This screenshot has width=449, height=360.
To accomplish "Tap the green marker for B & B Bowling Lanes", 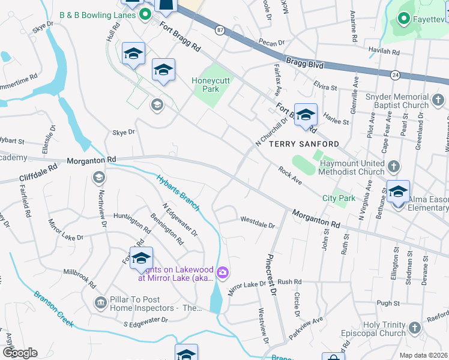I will [145, 13].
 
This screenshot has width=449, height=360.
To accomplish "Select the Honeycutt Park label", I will [205, 85].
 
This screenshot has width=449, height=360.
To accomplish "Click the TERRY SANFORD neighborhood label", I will [304, 144].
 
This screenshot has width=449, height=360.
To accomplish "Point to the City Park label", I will [339, 198].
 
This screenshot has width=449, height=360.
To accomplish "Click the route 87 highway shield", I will [220, 29].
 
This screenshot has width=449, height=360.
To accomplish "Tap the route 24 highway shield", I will [395, 75].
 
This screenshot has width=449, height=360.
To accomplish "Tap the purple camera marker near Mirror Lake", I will [223, 274].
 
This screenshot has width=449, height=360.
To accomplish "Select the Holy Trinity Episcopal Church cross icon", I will [414, 328].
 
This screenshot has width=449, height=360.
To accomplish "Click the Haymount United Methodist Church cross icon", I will [393, 166].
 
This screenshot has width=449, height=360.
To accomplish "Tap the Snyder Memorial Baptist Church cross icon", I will [439, 98].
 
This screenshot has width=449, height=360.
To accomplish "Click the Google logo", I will [19, 352].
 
